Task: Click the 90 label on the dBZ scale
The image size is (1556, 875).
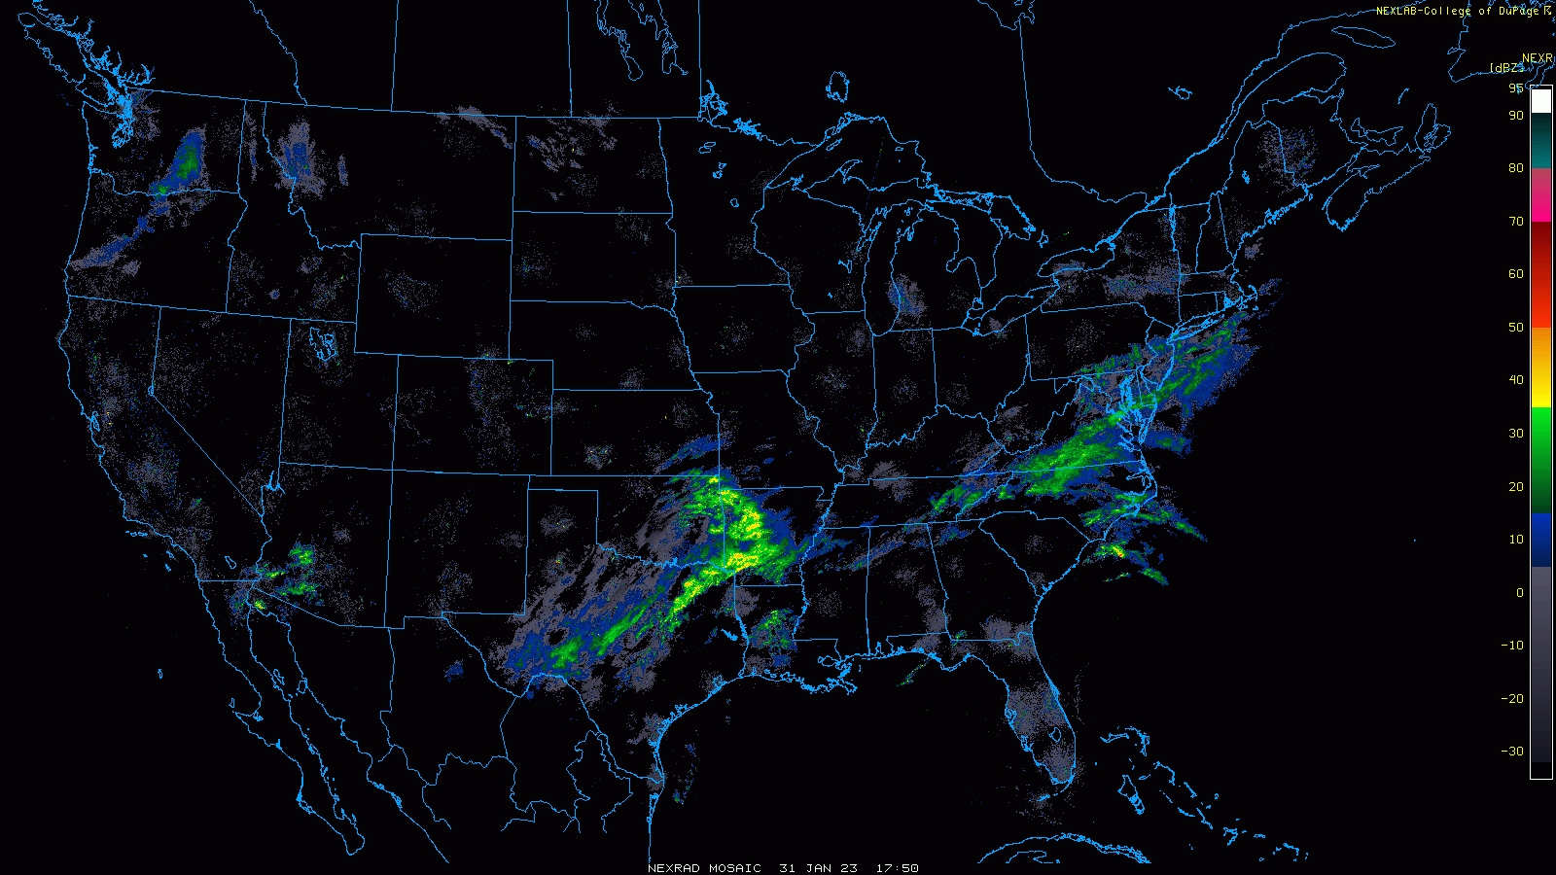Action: click(x=1516, y=116)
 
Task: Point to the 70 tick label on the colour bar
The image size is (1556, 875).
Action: click(x=1516, y=222)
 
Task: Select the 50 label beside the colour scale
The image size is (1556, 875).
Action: click(x=1516, y=328)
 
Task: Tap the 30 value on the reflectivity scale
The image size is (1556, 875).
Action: click(x=1516, y=434)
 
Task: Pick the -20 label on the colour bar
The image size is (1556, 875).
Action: click(x=1512, y=699)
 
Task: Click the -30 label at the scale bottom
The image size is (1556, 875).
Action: click(x=1512, y=752)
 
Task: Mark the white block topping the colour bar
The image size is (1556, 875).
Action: click(x=1541, y=101)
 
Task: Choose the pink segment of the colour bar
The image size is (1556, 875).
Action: click(x=1541, y=194)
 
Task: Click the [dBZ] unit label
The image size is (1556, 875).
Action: click(x=1506, y=68)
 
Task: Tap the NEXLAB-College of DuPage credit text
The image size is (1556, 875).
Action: click(x=1458, y=12)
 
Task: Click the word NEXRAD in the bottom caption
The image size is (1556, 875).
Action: click(x=674, y=868)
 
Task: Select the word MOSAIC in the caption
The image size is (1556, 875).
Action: click(x=734, y=868)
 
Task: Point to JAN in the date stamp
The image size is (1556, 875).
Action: click(x=818, y=868)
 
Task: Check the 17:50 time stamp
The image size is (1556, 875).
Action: click(x=897, y=868)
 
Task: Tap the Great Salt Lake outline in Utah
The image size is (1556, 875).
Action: click(x=323, y=342)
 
